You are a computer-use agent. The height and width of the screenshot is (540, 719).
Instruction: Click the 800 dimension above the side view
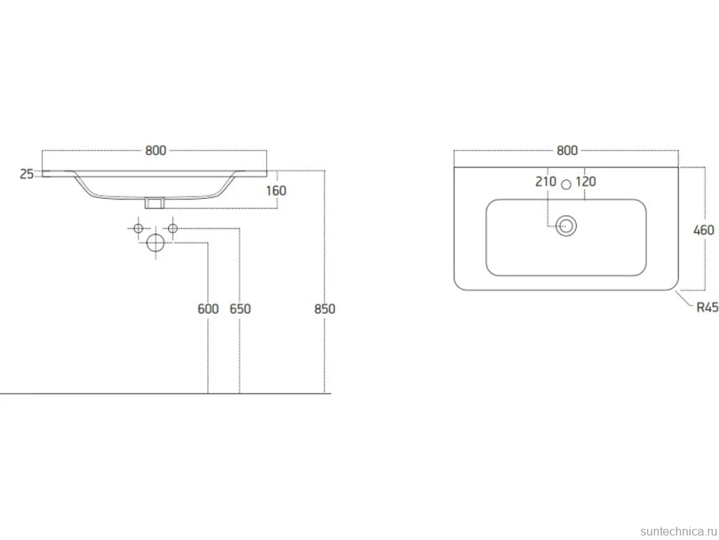156,151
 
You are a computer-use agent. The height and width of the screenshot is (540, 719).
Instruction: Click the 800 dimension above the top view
567,151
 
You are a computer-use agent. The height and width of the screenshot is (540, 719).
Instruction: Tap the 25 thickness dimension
27,174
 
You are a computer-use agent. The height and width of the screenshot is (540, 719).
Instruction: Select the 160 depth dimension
276,191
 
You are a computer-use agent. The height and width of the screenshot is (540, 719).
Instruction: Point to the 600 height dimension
208,309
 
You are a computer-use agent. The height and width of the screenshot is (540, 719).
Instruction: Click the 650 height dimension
240,309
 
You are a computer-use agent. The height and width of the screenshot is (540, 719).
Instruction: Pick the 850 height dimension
325,309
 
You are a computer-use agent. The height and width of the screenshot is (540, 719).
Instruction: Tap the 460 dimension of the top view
704,230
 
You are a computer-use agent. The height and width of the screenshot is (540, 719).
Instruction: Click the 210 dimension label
546,182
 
